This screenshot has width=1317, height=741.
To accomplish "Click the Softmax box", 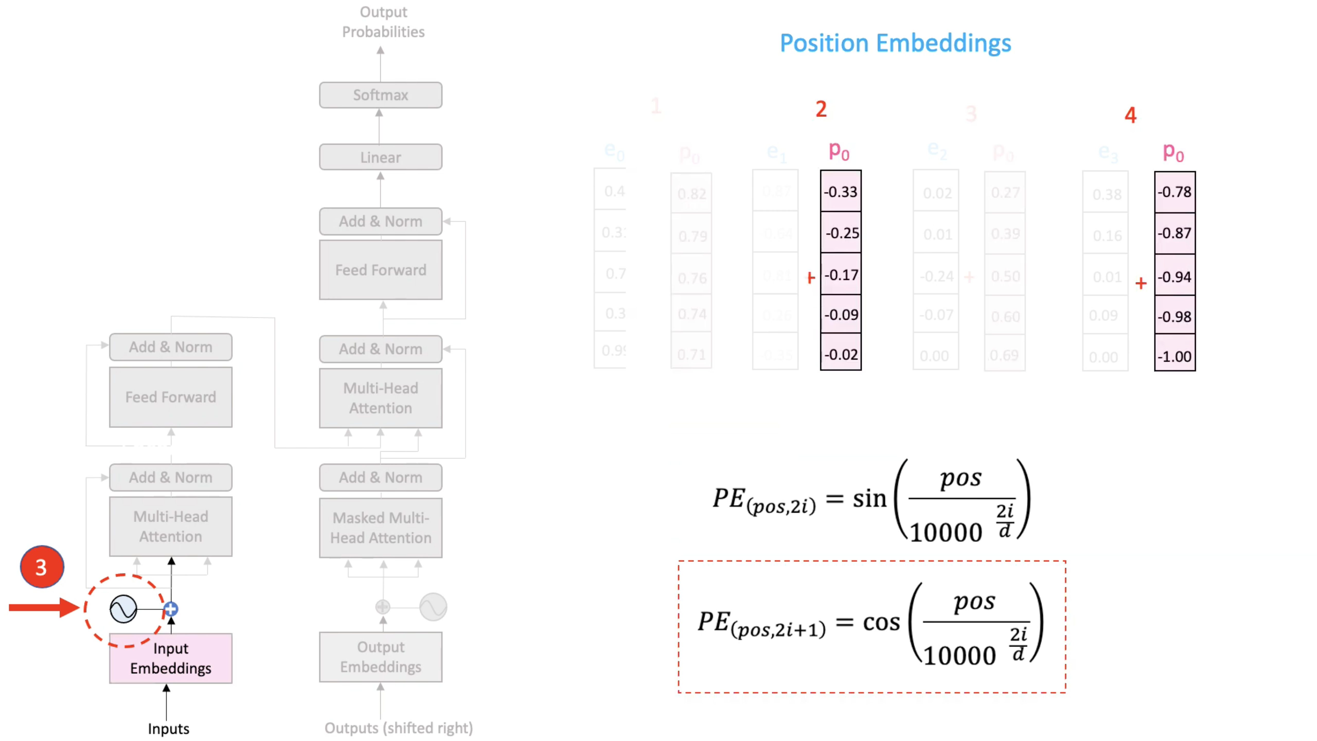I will pyautogui.click(x=380, y=95).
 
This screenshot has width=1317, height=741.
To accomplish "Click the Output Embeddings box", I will pyautogui.click(x=380, y=657).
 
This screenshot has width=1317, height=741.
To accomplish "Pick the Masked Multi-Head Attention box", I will pyautogui.click(x=380, y=528).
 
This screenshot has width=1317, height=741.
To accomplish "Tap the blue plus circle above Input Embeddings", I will pyautogui.click(x=171, y=609).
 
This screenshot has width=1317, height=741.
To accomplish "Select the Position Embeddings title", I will pyautogui.click(x=895, y=43).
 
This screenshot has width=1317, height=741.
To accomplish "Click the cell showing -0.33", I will pyautogui.click(x=841, y=192).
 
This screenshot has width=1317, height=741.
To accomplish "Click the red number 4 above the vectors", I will pyautogui.click(x=1131, y=115).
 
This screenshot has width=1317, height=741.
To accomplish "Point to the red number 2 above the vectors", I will pyautogui.click(x=821, y=109).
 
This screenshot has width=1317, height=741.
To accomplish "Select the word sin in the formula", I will pyautogui.click(x=869, y=499).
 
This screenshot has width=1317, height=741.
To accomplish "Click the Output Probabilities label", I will pyautogui.click(x=383, y=22).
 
